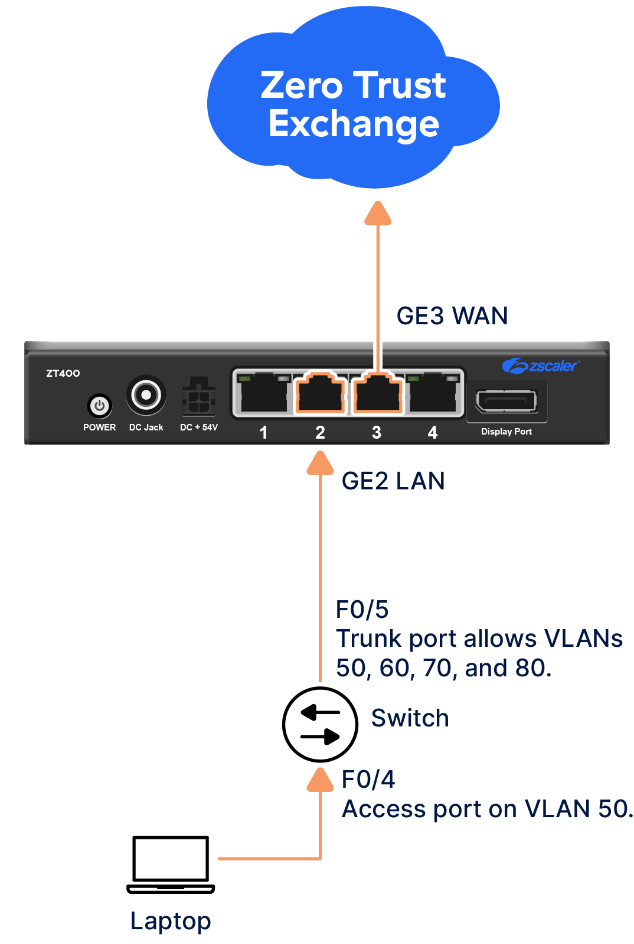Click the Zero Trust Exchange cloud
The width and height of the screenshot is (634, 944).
[x=353, y=103]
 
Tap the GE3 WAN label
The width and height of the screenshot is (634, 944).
[x=452, y=316]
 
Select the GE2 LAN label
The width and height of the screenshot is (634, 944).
[x=393, y=481]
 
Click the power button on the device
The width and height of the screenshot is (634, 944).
[x=99, y=406]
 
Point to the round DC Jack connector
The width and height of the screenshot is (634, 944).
[x=146, y=394]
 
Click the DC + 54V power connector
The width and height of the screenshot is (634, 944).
[x=198, y=397]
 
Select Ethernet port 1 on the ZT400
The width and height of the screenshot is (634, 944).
[x=263, y=393]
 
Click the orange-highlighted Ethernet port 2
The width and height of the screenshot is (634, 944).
[x=320, y=393]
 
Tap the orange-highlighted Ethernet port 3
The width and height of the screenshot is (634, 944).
[x=377, y=393]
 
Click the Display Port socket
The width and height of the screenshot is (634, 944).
[x=506, y=402]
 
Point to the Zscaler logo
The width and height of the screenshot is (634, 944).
[x=540, y=366]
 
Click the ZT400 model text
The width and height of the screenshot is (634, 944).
[x=63, y=373]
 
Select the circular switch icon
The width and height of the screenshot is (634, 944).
[x=320, y=724]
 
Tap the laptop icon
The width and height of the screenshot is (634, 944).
[x=171, y=864]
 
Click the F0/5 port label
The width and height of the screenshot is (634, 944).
[x=362, y=610]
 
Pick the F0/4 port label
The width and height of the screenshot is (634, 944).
[x=368, y=779]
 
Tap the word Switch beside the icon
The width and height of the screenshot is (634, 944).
[x=410, y=718]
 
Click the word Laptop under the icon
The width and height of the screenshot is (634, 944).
[x=171, y=921]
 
